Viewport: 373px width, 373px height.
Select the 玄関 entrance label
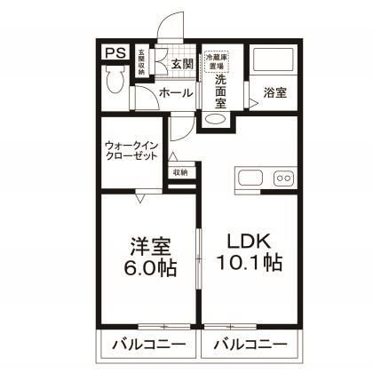pyautogui.click(x=181, y=63)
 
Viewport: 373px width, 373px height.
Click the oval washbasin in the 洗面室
pyautogui.click(x=217, y=120)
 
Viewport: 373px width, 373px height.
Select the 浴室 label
pyautogui.click(x=274, y=92)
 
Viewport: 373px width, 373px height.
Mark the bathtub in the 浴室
pyautogui.click(x=274, y=62)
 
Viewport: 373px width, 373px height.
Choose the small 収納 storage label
pyautogui.click(x=180, y=172)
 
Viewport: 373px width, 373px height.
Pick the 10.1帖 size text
pyautogui.click(x=248, y=264)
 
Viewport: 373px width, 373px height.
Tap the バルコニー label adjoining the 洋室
pyautogui.click(x=147, y=344)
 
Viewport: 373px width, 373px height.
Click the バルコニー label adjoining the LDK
pyautogui.click(x=248, y=344)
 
